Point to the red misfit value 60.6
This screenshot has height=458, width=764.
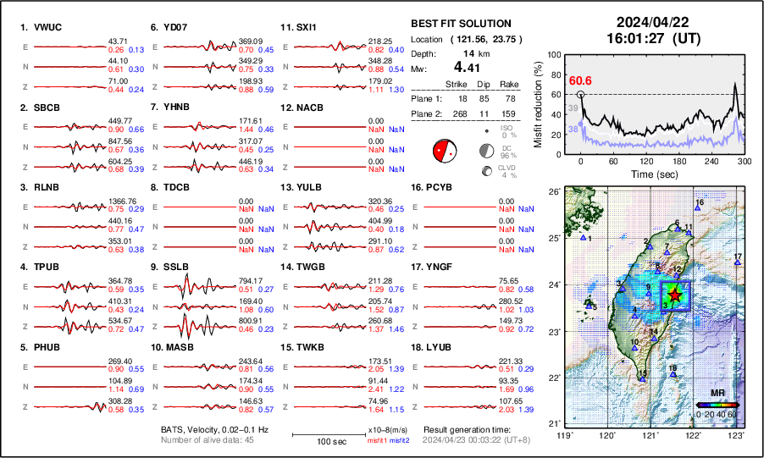pyautogui.click(x=580, y=80)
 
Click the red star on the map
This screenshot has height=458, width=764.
pyautogui.click(x=674, y=295)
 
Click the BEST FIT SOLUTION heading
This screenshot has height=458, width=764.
pyautogui.click(x=461, y=24)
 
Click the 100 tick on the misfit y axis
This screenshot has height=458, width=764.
pyautogui.click(x=554, y=54)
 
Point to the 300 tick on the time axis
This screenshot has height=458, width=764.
pyautogui.click(x=744, y=161)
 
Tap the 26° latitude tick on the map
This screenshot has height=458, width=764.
pyautogui.click(x=553, y=192)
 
